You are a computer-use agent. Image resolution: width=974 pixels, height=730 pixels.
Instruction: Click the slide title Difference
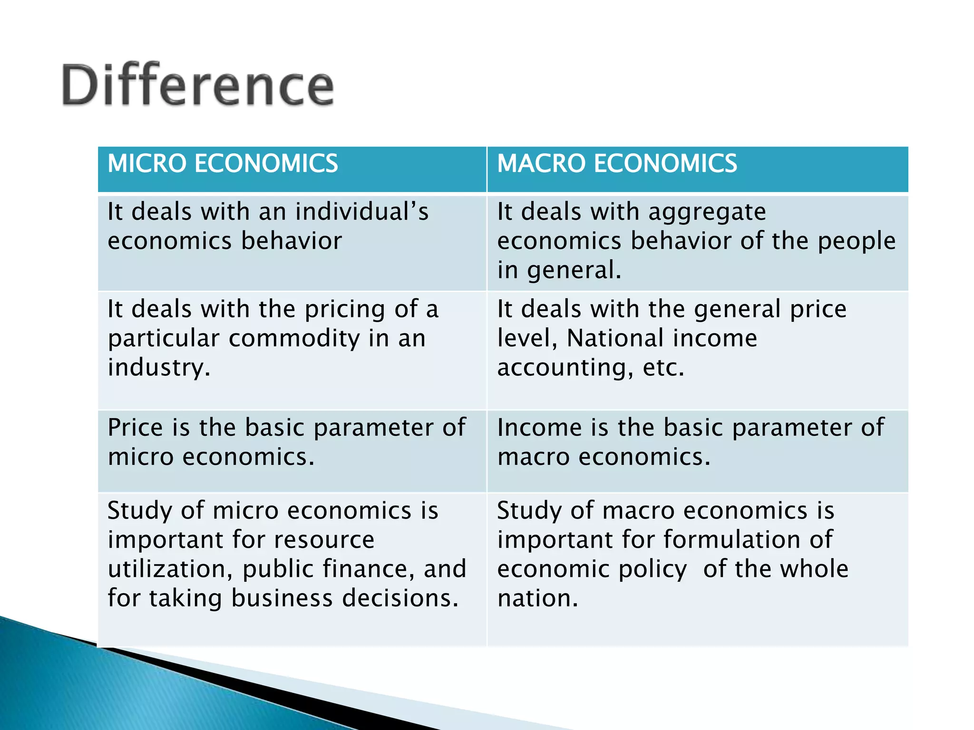point(197,86)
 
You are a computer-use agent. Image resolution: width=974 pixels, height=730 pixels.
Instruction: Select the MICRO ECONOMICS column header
point(223,164)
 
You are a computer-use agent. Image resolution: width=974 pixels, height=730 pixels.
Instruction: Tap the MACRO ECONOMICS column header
point(617,164)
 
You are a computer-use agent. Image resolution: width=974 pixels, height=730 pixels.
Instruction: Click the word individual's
point(361,211)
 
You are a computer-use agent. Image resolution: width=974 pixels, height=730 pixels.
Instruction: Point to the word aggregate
point(707,212)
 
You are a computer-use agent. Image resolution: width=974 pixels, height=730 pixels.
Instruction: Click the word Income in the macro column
point(539,427)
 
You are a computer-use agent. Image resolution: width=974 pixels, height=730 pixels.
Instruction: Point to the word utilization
point(168,569)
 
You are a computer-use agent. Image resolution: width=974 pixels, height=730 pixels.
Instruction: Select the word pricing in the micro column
point(345,310)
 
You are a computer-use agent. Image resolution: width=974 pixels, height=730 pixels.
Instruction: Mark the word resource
point(324,540)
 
